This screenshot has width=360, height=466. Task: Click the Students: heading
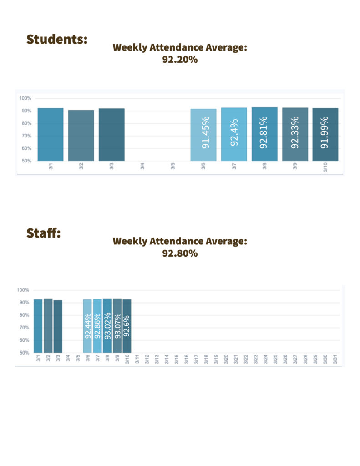pyautogui.click(x=56, y=39)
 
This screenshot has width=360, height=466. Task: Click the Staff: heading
pyautogui.click(x=44, y=233)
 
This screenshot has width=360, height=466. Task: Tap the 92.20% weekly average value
pyautogui.click(x=180, y=59)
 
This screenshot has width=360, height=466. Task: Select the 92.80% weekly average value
pyautogui.click(x=180, y=253)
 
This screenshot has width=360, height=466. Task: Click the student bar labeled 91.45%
pyautogui.click(x=203, y=135)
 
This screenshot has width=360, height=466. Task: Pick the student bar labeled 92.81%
pyautogui.click(x=264, y=134)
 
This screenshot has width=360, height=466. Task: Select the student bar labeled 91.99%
pyautogui.click(x=325, y=134)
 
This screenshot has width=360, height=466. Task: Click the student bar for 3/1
pyautogui.click(x=51, y=134)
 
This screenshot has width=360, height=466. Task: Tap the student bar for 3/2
pyautogui.click(x=81, y=135)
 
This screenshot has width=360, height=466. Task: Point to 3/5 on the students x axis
pyautogui.click(x=173, y=167)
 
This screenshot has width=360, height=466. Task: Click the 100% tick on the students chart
pyautogui.click(x=25, y=98)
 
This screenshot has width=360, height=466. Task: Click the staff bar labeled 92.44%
pyautogui.click(x=87, y=326)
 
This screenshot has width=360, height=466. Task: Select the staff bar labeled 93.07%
pyautogui.click(x=117, y=325)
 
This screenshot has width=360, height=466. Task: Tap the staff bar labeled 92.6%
pyautogui.click(x=127, y=326)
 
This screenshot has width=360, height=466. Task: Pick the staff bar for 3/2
pyautogui.click(x=48, y=325)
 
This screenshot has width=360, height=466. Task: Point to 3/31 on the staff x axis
pyautogui.click(x=335, y=359)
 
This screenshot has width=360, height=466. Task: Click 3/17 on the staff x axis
pyautogui.click(x=196, y=359)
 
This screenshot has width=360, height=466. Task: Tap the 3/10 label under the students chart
pyautogui.click(x=325, y=167)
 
